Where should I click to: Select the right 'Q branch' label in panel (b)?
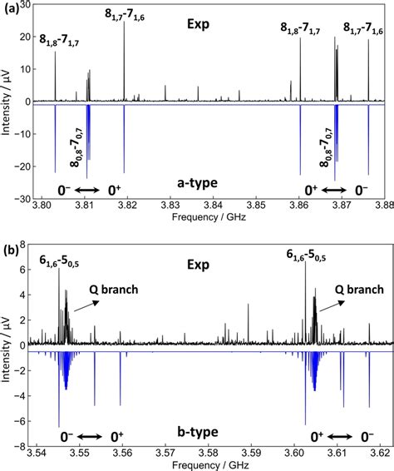(359, 290)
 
